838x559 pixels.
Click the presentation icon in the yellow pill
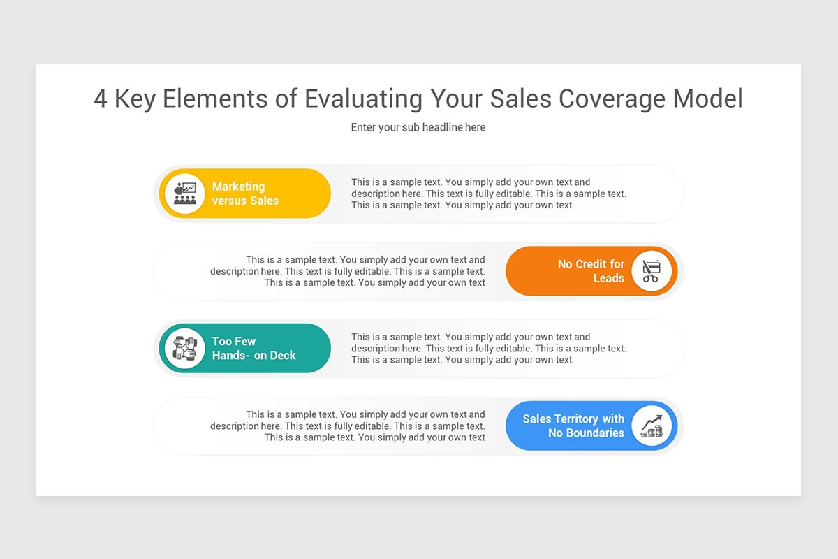(x=184, y=194)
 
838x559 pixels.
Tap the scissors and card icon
(x=651, y=271)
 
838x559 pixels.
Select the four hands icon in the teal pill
(x=184, y=348)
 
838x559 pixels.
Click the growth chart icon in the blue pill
(x=651, y=426)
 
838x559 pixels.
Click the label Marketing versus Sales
(x=245, y=194)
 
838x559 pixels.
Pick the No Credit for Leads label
(x=591, y=271)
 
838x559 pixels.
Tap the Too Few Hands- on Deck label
(x=253, y=348)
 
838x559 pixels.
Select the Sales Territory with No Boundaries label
(x=573, y=426)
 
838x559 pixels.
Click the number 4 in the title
(x=101, y=99)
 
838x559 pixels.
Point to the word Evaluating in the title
(x=363, y=99)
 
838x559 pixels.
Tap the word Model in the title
(x=707, y=99)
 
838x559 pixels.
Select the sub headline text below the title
(x=418, y=127)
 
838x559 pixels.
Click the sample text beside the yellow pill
(x=488, y=194)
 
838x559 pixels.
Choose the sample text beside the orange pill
(x=348, y=271)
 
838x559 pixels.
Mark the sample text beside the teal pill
(x=488, y=348)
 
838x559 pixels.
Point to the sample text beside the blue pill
(x=348, y=426)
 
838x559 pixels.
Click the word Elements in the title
(x=216, y=99)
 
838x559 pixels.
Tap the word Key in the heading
(x=135, y=99)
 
